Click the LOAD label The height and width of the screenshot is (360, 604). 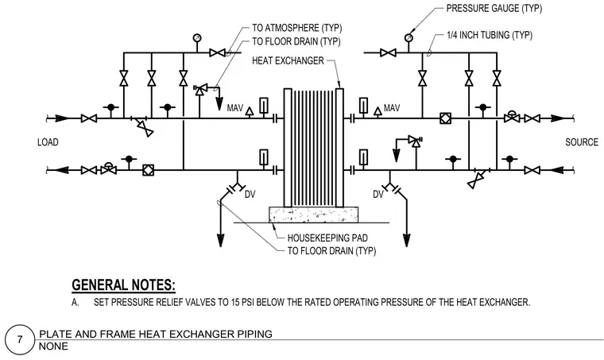pos(48,142)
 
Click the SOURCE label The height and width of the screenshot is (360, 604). pos(582,142)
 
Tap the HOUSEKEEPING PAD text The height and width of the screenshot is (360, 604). pos(327,238)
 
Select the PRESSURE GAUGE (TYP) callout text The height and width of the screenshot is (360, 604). pos(494,9)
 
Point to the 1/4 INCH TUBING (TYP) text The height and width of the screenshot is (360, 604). pos(490,35)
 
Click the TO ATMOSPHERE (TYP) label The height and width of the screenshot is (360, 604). pos(297,28)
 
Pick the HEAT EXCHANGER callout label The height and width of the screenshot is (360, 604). pos(288,61)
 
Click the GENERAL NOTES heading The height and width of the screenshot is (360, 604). pos(124,285)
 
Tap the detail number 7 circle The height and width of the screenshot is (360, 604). pos(20,339)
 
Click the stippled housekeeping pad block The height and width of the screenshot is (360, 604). pos(313,215)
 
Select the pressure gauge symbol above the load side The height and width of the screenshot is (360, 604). pos(197,37)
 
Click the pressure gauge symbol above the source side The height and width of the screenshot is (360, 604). pos(408,37)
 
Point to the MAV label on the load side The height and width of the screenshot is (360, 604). pos(235,108)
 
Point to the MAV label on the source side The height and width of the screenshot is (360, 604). pos(392,108)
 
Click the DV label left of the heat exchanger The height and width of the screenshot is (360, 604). pos(250,195)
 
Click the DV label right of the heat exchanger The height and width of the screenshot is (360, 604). pos(378,195)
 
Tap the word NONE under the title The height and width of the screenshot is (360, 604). pos(53,346)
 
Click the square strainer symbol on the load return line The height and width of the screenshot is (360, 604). pos(149,170)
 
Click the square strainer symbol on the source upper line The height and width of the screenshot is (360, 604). pos(445,118)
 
